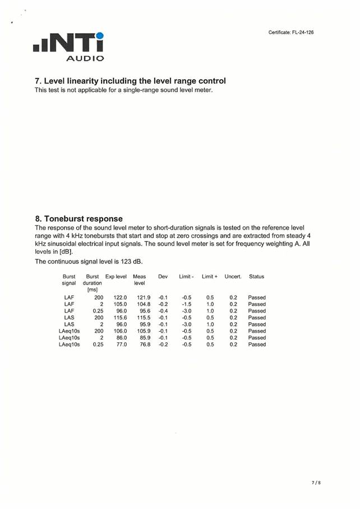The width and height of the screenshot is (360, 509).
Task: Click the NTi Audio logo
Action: pos(68,47)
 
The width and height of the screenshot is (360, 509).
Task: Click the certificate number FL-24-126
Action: pos(291,33)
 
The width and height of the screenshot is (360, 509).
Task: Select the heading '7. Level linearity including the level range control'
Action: pos(130,81)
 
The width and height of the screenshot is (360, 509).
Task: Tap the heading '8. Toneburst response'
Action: pos(79,218)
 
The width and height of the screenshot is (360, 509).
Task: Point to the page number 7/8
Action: pos(316,482)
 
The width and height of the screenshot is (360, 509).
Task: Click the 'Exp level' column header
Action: pos(116,277)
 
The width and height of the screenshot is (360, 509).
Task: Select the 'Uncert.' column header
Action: pos(233,277)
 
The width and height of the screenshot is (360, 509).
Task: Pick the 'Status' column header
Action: pos(256,277)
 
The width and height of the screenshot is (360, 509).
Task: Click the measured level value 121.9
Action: pos(144,297)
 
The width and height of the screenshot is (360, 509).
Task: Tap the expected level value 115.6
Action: pos(120,318)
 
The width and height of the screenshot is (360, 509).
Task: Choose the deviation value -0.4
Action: pos(163,311)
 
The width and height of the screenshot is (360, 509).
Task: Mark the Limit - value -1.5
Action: pos(187,304)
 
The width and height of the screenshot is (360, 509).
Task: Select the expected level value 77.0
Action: pos(121,345)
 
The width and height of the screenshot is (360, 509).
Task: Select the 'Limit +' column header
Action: pos(209,277)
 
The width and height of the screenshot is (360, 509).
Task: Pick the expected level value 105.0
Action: pos(120,304)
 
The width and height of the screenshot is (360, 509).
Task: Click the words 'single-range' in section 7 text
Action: pos(137,90)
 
